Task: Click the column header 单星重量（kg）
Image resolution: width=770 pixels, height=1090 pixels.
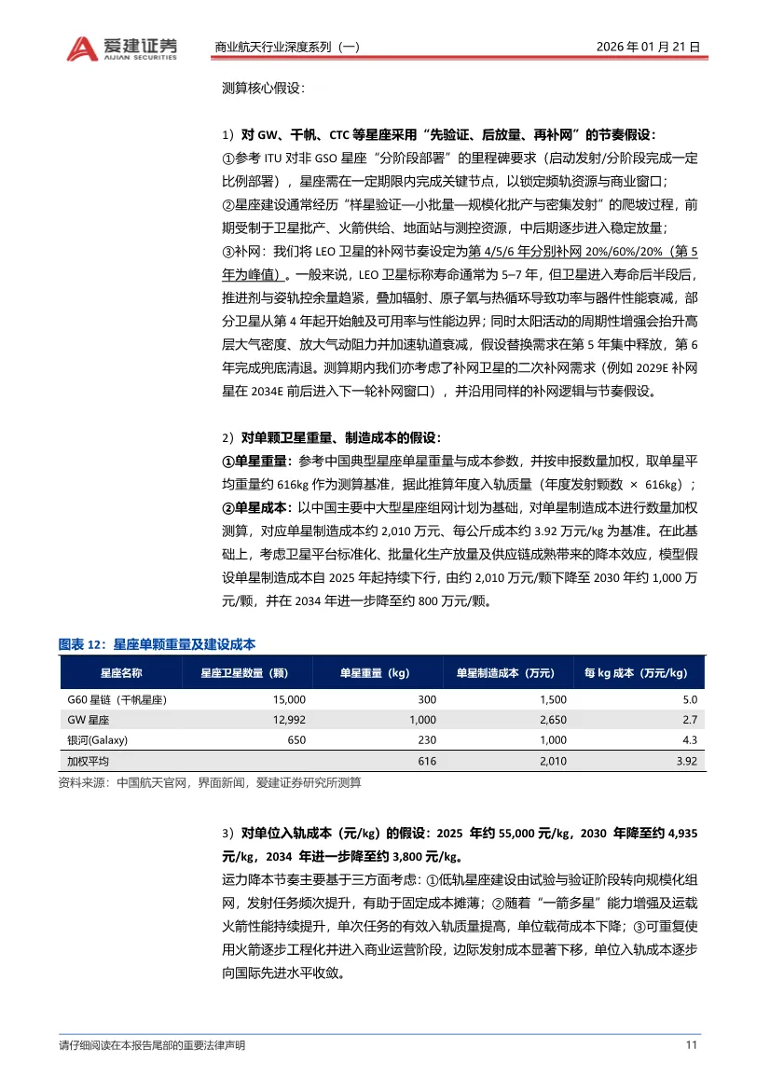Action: click(374, 672)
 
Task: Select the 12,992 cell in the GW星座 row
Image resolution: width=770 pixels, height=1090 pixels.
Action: click(287, 720)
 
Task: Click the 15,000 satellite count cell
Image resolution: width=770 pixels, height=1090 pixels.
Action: click(287, 699)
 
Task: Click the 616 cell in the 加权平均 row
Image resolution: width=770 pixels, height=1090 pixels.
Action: click(427, 761)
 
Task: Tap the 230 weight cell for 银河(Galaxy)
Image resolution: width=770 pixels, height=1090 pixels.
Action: click(428, 740)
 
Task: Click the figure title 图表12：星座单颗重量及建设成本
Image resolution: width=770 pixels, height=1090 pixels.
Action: click(157, 644)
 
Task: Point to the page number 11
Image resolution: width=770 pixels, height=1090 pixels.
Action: click(692, 1045)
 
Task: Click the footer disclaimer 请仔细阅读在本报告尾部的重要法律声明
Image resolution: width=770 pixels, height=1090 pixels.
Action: click(151, 1045)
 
